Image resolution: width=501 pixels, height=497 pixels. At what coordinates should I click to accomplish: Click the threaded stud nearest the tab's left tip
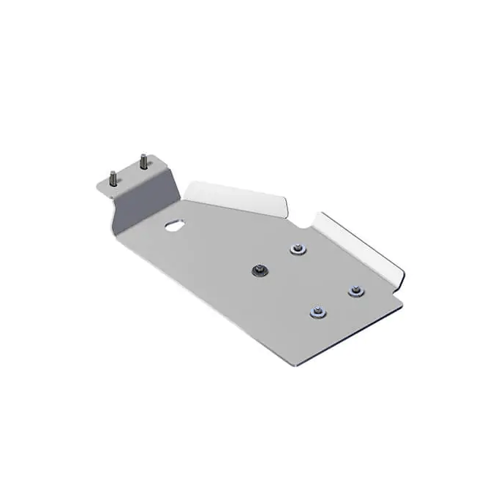coord(113,178)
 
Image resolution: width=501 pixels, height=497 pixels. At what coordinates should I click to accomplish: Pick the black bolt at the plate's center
coord(260,270)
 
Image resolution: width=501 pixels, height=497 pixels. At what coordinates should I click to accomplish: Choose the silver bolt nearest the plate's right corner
coord(355,292)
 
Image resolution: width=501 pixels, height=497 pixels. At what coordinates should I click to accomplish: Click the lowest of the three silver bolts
coord(316,314)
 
